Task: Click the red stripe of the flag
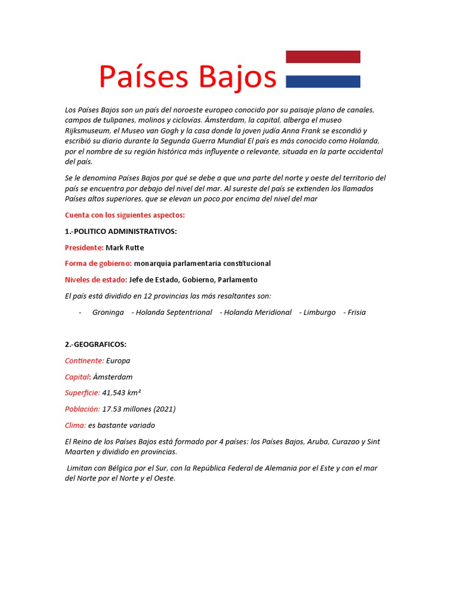pyautogui.click(x=323, y=57)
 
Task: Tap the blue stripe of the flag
pyautogui.click(x=323, y=82)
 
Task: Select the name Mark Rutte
pyautogui.click(x=125, y=248)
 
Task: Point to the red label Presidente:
pyautogui.click(x=84, y=248)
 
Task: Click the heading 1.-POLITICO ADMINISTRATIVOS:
pyautogui.click(x=121, y=232)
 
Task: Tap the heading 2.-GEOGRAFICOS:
pyautogui.click(x=96, y=344)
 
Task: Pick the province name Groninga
pyautogui.click(x=108, y=313)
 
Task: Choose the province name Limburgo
pyautogui.click(x=319, y=313)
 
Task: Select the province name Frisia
pyautogui.click(x=356, y=313)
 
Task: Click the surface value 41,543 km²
pyautogui.click(x=122, y=393)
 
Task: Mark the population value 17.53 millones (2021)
pyautogui.click(x=139, y=409)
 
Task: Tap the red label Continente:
pyautogui.click(x=85, y=360)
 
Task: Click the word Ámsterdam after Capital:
pyautogui.click(x=113, y=377)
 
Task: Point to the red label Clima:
pyautogui.click(x=75, y=425)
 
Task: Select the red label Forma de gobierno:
pyautogui.click(x=98, y=264)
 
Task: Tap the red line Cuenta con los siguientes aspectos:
pyautogui.click(x=125, y=215)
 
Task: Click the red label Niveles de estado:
pyautogui.click(x=96, y=280)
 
